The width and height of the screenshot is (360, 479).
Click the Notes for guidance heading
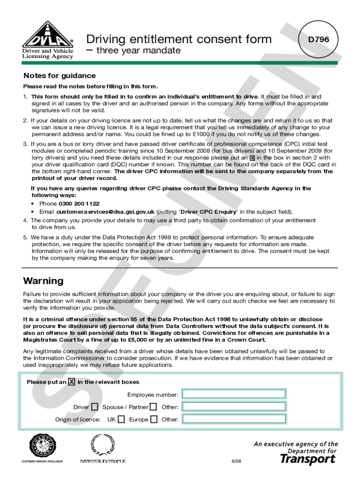(x=59, y=76)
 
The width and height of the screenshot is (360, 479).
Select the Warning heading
(x=43, y=281)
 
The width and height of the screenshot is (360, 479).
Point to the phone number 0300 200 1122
(x=79, y=203)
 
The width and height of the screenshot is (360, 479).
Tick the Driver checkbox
(x=95, y=407)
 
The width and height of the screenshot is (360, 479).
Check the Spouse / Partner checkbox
(x=153, y=407)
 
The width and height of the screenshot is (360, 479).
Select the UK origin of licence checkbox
(x=121, y=420)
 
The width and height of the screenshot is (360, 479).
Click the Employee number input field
(x=234, y=394)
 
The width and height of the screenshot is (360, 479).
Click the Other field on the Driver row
(x=234, y=407)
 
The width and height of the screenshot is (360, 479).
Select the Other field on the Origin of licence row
(x=234, y=419)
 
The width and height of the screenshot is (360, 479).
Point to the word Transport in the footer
(x=308, y=459)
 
